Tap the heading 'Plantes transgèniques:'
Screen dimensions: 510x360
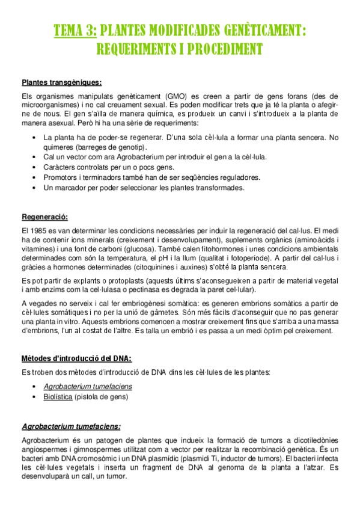pyautogui.click(x=61, y=82)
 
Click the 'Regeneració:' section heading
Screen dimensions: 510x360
pyautogui.click(x=44, y=217)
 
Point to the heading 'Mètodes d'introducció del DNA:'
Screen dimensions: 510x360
pyautogui.click(x=76, y=358)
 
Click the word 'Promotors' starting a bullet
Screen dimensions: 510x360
pyautogui.click(x=61, y=177)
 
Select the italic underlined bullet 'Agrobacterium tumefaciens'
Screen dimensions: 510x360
pyautogui.click(x=88, y=386)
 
